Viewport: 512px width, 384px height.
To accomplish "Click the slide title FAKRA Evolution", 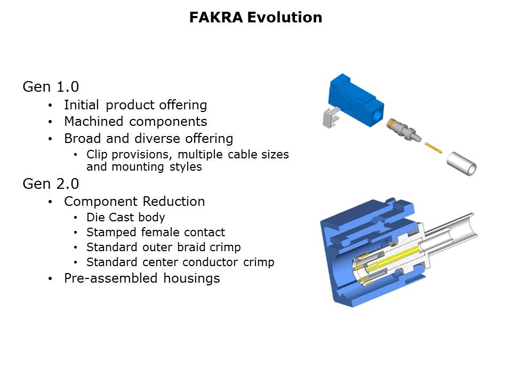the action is [x=255, y=17].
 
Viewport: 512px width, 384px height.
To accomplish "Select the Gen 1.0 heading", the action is [x=51, y=87].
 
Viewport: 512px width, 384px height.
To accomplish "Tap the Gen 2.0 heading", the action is [x=51, y=184].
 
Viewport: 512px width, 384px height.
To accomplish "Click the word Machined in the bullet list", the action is [x=94, y=122].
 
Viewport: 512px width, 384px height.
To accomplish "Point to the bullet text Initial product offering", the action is [x=135, y=105].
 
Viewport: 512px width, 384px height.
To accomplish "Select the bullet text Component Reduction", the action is [x=134, y=202].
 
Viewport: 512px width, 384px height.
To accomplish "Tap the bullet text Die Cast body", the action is [x=126, y=218].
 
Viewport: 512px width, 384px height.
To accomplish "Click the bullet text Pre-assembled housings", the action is [x=142, y=278].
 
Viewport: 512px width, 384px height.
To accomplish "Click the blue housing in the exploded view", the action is [x=356, y=100].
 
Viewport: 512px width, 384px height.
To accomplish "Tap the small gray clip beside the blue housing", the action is [x=331, y=117].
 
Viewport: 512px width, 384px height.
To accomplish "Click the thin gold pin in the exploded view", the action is [x=433, y=147].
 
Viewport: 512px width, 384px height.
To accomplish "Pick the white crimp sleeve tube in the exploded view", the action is [x=461, y=164].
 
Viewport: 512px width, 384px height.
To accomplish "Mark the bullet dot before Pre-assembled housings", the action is [x=50, y=278].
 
